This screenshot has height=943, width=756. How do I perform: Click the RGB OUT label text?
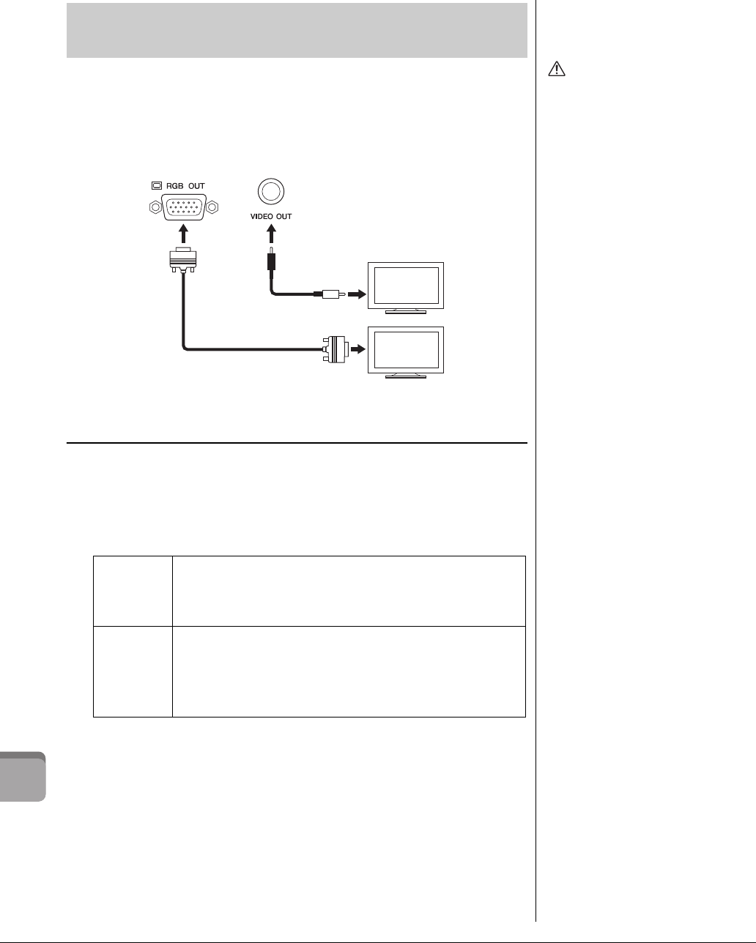point(184,186)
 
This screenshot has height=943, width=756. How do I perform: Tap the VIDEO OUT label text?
point(270,217)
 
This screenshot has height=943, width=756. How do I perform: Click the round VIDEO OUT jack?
point(270,192)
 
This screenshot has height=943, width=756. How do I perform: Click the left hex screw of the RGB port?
point(154,207)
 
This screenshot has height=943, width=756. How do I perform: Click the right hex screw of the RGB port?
point(212,207)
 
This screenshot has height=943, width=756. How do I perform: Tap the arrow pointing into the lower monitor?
point(357,350)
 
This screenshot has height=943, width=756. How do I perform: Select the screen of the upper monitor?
point(407,285)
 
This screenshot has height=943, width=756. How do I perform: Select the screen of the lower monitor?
point(407,349)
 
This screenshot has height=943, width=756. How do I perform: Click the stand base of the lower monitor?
point(406,376)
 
